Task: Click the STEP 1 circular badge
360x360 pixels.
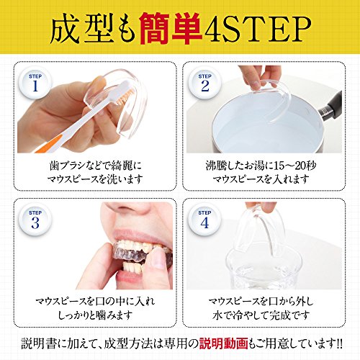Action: (x=35, y=83)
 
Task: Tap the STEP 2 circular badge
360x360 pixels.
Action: (x=204, y=83)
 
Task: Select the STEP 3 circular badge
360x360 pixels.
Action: (x=35, y=220)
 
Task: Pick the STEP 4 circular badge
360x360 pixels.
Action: (x=204, y=220)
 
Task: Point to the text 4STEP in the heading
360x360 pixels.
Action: (x=257, y=29)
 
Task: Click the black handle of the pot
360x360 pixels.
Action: (x=330, y=106)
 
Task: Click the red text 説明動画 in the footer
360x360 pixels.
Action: (x=223, y=343)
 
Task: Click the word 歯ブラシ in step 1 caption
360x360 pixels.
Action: (x=65, y=166)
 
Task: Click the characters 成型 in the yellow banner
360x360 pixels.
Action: (x=81, y=29)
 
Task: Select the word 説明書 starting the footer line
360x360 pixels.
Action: (x=39, y=343)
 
